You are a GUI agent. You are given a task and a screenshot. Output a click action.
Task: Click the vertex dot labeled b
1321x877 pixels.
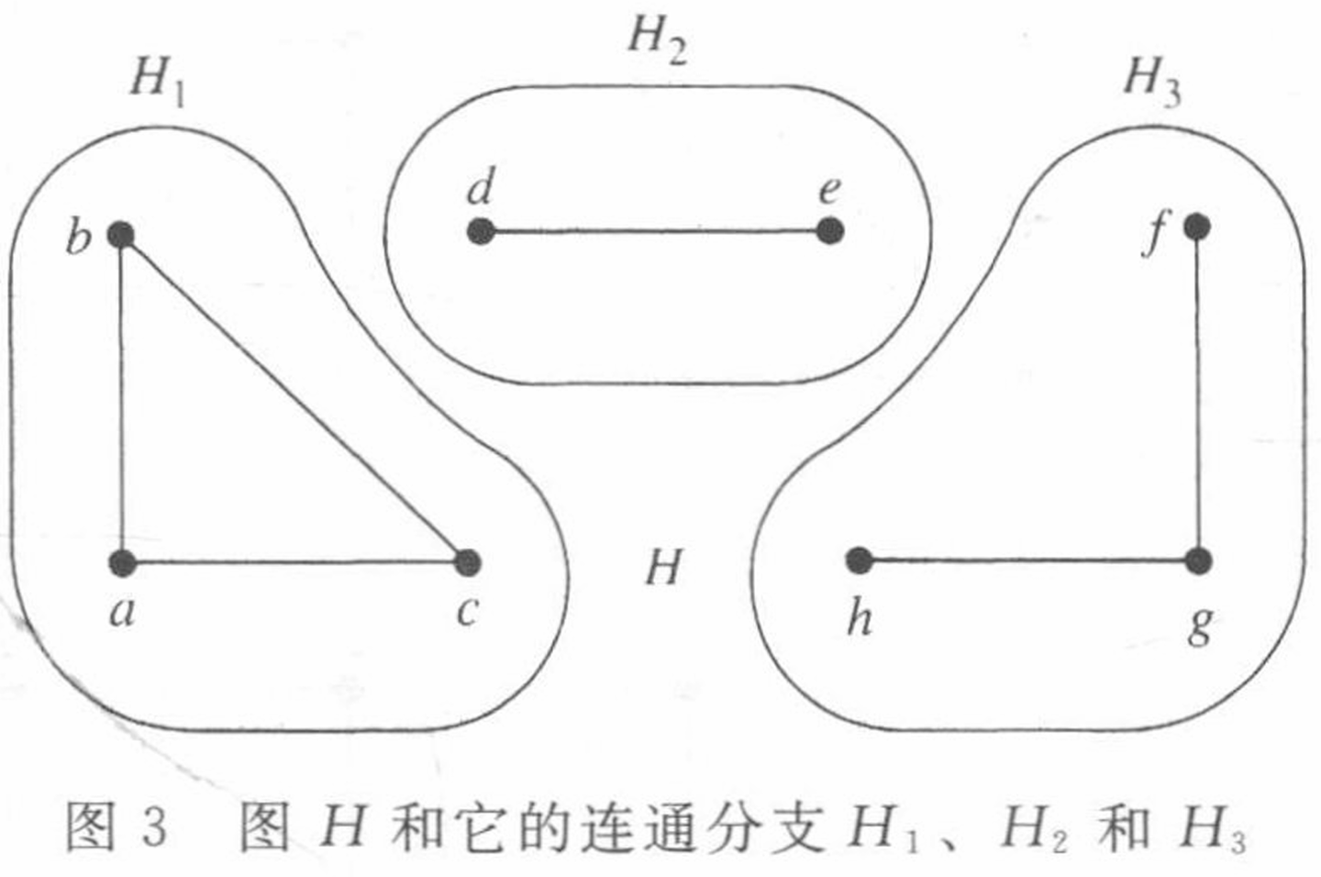(x=121, y=236)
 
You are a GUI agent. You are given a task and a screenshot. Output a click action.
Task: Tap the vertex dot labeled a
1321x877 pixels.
(x=122, y=562)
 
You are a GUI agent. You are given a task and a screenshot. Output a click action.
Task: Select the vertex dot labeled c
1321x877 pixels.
(x=467, y=562)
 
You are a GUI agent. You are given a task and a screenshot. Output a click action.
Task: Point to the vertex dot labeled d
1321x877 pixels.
(x=481, y=231)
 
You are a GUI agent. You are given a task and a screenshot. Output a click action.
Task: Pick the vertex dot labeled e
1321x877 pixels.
(x=829, y=231)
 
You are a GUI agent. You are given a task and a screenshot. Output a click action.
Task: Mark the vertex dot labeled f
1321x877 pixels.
(x=1196, y=226)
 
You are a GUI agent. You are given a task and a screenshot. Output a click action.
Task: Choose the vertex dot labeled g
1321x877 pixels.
(x=1198, y=561)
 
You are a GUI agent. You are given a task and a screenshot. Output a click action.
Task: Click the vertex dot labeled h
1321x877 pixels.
(x=859, y=560)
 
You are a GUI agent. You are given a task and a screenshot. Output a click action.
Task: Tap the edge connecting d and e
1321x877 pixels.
(x=655, y=231)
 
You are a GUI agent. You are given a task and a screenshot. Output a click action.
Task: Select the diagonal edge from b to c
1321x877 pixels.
(x=294, y=399)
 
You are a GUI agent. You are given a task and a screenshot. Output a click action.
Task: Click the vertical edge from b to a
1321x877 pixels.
(x=122, y=399)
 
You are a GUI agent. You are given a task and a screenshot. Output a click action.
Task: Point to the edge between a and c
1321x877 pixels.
(x=294, y=562)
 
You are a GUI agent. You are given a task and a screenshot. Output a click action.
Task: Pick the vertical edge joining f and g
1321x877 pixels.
(x=1198, y=394)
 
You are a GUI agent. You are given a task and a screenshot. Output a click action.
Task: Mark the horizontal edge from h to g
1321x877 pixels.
(x=1027, y=561)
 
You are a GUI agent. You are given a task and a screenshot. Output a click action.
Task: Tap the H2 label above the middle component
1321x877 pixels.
(x=657, y=39)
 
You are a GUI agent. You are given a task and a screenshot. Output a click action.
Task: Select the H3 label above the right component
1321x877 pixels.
(x=1152, y=79)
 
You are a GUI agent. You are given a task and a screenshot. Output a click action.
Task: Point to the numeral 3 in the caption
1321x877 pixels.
(x=154, y=826)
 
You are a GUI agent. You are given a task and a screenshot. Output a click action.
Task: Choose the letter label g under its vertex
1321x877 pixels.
(x=1200, y=626)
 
